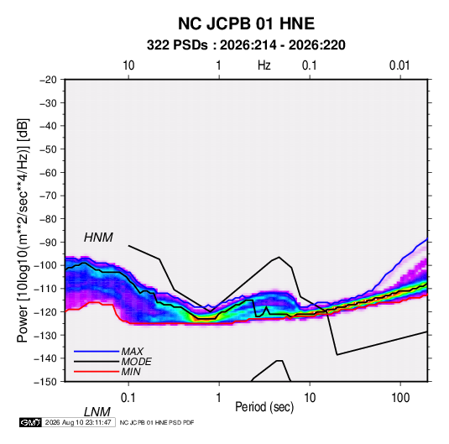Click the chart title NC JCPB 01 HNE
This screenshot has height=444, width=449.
pos(246,24)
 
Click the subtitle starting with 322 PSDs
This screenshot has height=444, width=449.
pos(246,45)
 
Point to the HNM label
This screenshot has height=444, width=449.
pos(98,238)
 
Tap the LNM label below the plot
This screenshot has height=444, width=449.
pos(97,412)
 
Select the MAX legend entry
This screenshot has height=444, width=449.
pos(133,351)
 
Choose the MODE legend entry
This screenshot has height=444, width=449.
pos(136,362)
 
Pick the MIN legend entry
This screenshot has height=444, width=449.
pos(131,372)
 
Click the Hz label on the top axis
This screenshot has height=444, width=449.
pos(264,65)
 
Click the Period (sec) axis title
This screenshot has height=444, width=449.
pos(264,407)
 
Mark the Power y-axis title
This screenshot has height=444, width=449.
pos(23,230)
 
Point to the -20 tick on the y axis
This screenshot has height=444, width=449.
pos(48,80)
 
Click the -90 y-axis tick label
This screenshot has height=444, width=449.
pos(48,242)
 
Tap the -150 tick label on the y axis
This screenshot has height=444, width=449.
pos(45,382)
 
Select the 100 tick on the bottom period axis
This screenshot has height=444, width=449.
pos(400,398)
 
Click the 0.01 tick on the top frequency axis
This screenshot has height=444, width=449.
pos(399,65)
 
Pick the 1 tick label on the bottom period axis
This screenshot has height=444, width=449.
pos(219,398)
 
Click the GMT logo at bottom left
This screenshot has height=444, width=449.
pos(30,422)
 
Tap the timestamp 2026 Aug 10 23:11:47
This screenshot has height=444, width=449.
pos(78,422)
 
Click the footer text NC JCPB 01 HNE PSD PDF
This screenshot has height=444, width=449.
pos(157,422)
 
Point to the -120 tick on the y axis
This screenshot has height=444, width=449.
pos(45,311)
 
